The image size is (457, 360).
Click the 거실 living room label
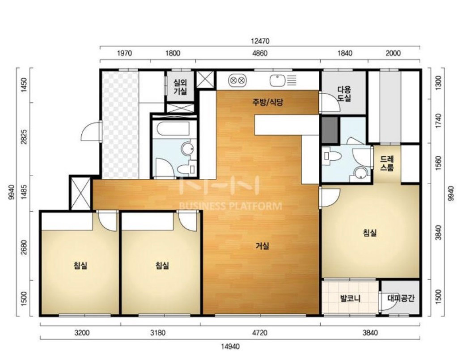click(262, 246)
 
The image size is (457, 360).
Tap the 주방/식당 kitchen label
click(267, 102)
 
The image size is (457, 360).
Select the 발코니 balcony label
click(350, 298)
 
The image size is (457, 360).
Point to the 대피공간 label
click(401, 298)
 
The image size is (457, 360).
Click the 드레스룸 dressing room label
click(387, 163)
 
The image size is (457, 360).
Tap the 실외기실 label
click(180, 87)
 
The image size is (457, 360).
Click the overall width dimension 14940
click(230, 347)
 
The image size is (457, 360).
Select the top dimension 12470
click(260, 41)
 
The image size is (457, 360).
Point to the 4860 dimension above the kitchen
click(259, 53)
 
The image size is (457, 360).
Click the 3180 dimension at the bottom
click(158, 333)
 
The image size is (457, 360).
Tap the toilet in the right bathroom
click(332, 156)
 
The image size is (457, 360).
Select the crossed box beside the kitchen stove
click(206, 79)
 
